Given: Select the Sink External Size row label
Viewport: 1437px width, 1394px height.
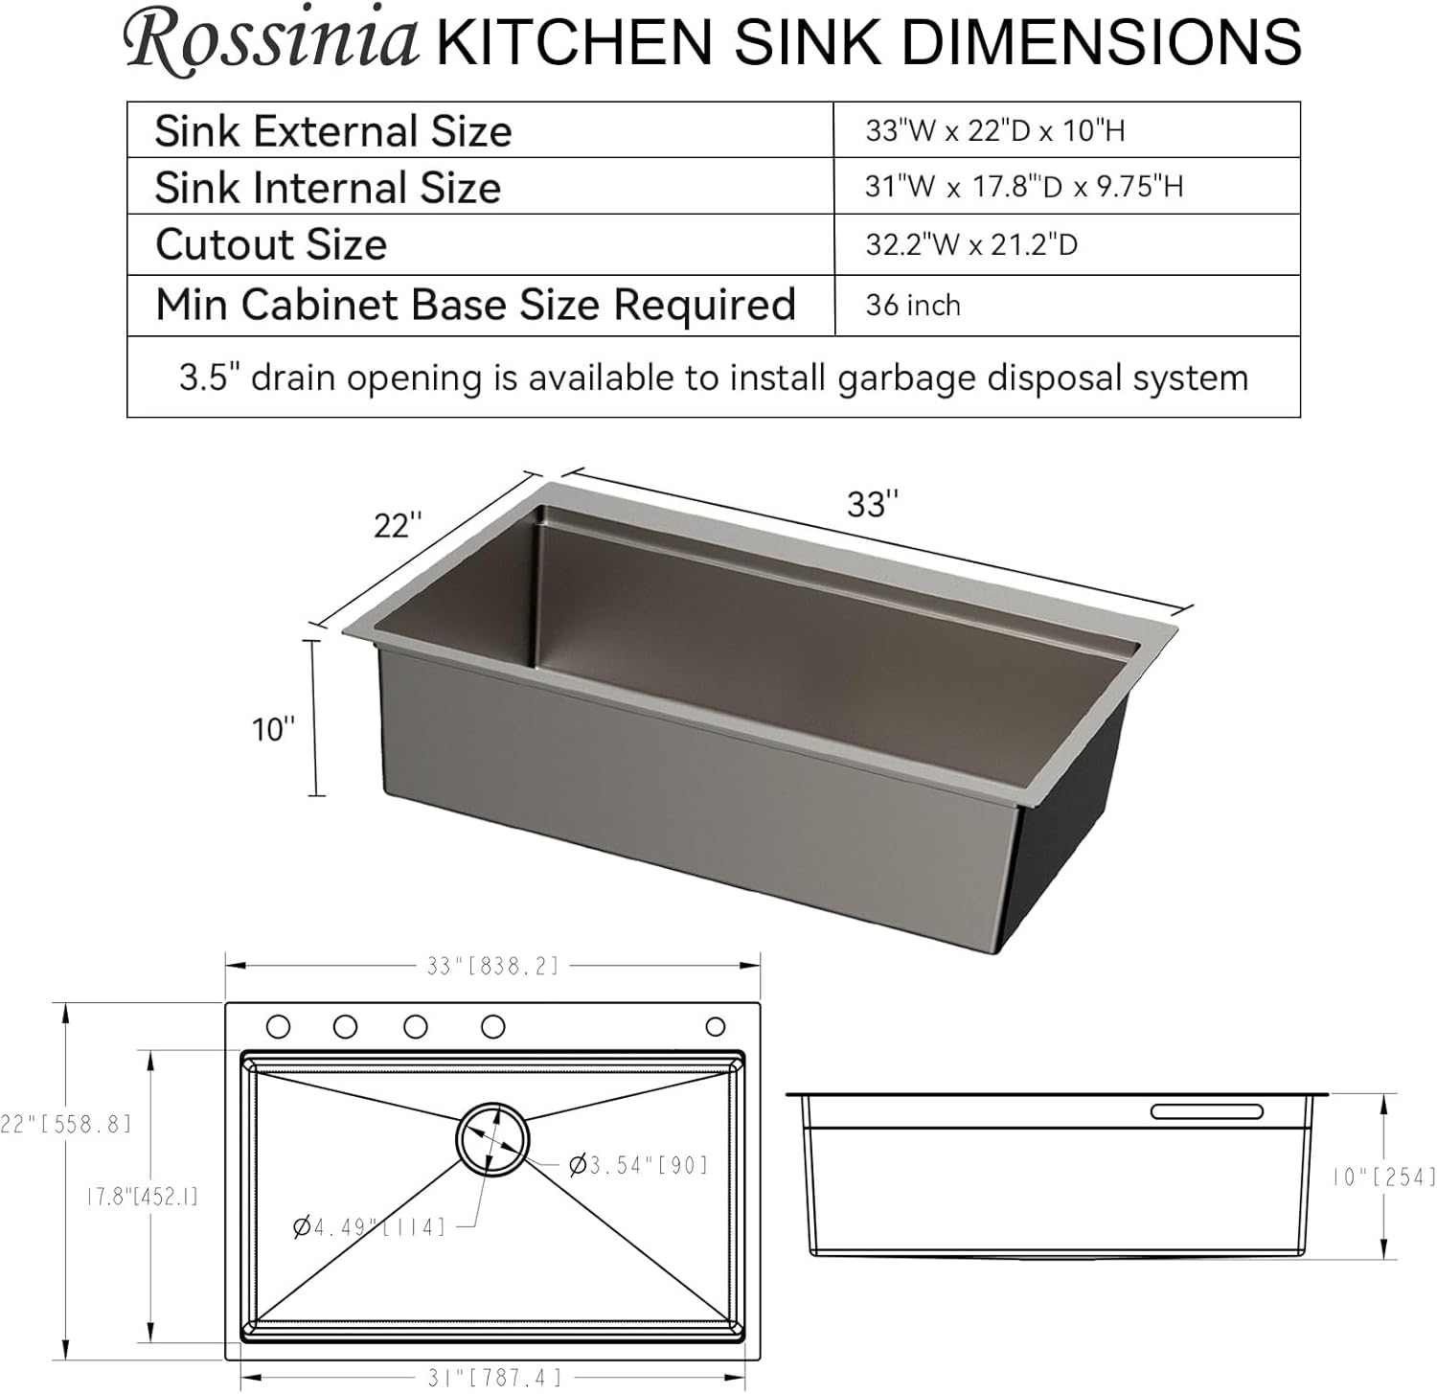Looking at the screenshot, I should [x=333, y=131].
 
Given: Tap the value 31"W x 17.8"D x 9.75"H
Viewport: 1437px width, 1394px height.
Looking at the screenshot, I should [x=1024, y=186].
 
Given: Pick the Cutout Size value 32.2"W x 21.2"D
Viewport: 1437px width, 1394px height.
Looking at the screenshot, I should [x=971, y=245].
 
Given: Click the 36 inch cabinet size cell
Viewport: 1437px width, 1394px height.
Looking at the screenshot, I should [x=912, y=306].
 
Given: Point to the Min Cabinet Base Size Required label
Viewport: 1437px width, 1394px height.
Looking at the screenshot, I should [x=475, y=306].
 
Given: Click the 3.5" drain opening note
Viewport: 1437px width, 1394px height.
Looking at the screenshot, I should [x=714, y=377].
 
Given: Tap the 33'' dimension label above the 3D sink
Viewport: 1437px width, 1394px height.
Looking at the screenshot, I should [x=873, y=505].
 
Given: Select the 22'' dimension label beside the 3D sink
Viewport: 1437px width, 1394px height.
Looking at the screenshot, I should [x=398, y=525].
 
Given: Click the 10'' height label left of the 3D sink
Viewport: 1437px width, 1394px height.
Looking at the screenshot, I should [x=273, y=730].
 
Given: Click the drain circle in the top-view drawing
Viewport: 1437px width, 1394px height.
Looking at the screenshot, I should [x=492, y=1138].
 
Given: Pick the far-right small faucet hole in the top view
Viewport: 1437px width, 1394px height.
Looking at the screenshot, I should [x=715, y=1026].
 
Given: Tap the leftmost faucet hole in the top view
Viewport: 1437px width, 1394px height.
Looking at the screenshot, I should [x=278, y=1026].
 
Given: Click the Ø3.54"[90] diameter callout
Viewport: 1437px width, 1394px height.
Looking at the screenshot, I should [x=639, y=1165].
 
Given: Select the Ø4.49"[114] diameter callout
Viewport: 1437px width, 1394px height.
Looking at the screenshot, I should [x=370, y=1226].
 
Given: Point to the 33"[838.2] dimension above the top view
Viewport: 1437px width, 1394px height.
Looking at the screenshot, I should [x=492, y=966].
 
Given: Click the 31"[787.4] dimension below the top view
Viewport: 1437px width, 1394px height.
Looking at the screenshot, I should [x=494, y=1378].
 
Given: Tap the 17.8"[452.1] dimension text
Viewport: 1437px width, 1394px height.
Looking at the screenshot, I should [x=142, y=1197].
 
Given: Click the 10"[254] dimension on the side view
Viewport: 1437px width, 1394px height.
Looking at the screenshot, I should [x=1384, y=1177].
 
